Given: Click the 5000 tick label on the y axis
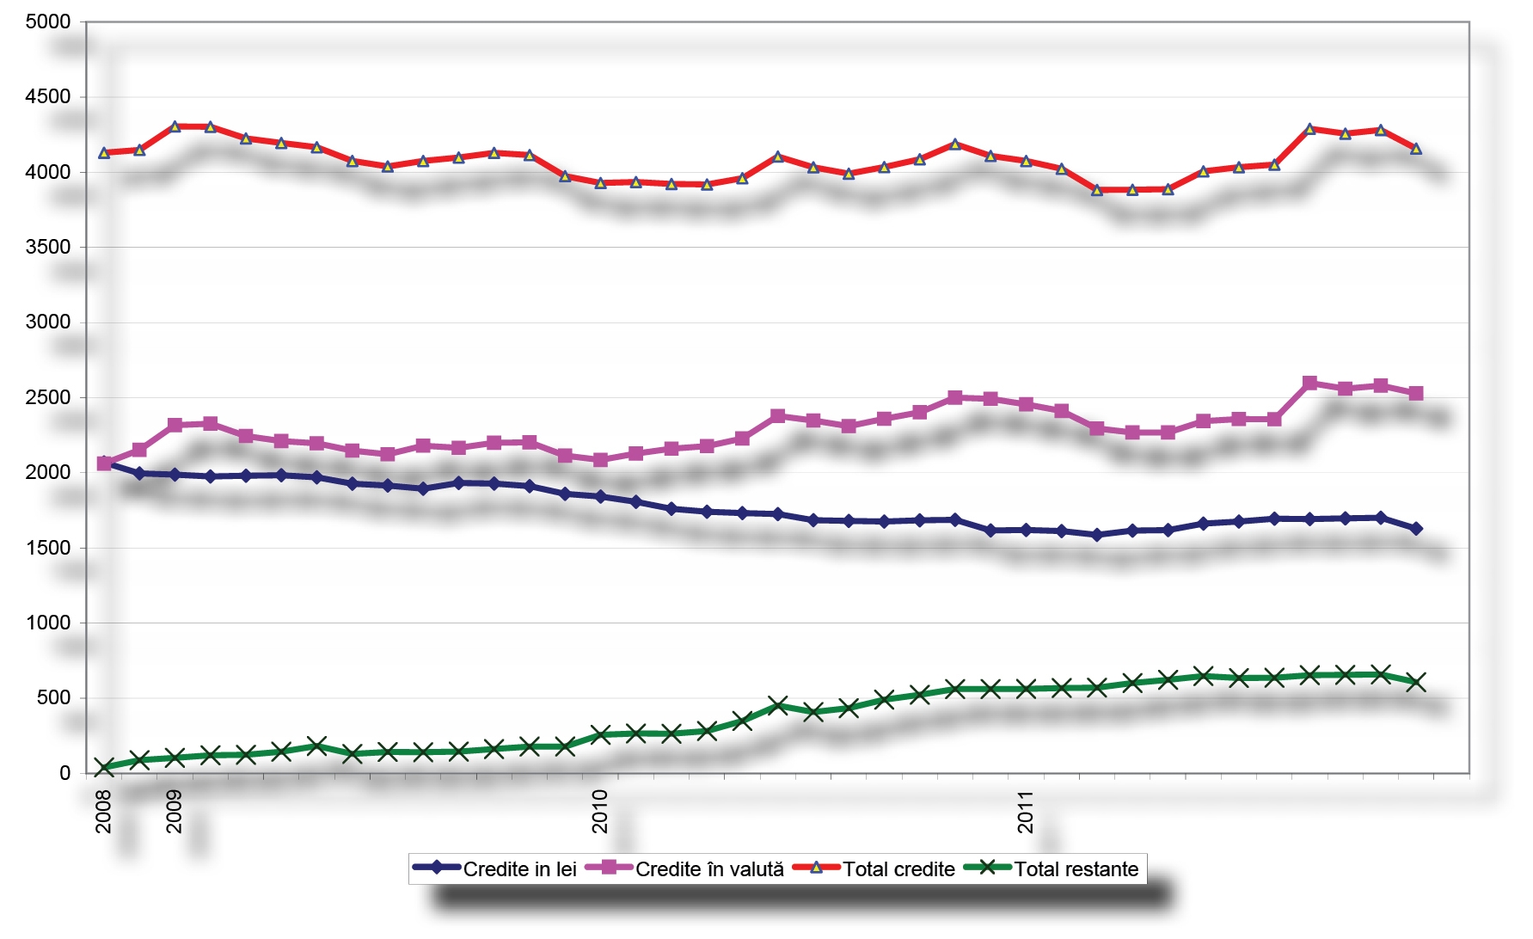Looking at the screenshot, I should [48, 21].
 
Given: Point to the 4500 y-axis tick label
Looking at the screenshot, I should [48, 97].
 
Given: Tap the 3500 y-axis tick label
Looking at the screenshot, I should [48, 248].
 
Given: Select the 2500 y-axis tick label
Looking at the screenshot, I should [48, 398].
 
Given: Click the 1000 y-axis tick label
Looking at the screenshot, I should [48, 623].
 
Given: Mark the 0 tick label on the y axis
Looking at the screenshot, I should [64, 774].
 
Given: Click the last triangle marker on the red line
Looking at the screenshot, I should [1416, 149].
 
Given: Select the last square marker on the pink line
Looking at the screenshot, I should [1416, 394].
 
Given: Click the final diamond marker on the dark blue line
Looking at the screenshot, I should [1416, 529].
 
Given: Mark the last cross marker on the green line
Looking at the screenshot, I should [1416, 683].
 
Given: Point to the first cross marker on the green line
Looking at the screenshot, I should [104, 767].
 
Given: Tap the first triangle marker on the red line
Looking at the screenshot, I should [104, 153].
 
